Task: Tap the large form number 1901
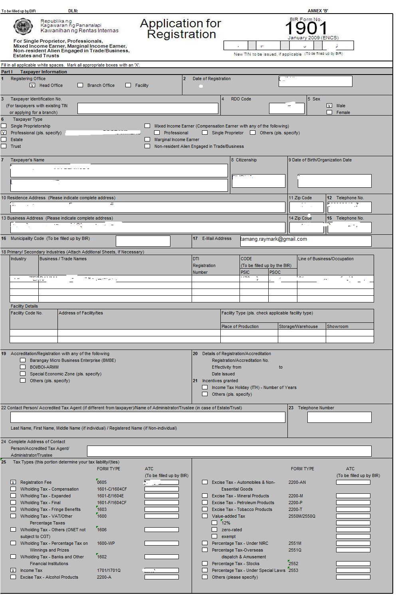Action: [x=306, y=28]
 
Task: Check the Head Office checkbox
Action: [x=32, y=85]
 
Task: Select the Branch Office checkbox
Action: [x=80, y=85]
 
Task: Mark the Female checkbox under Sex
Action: [x=329, y=112]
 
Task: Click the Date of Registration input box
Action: [x=315, y=81]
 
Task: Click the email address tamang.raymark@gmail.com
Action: [x=274, y=239]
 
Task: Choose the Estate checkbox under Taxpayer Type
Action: [x=4, y=139]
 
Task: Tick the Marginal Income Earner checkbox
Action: [x=147, y=139]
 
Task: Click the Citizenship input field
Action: [x=259, y=181]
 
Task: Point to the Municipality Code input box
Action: [x=143, y=241]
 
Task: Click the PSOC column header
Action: [x=275, y=272]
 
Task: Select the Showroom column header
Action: [x=338, y=326]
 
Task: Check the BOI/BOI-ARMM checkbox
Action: [x=23, y=367]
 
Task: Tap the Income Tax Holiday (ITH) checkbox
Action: [x=205, y=387]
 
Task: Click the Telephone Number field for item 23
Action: [x=339, y=417]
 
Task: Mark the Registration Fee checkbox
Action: [x=13, y=482]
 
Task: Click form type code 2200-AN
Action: [x=297, y=482]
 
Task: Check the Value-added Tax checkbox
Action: [x=205, y=516]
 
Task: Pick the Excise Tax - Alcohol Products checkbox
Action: [x=13, y=577]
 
